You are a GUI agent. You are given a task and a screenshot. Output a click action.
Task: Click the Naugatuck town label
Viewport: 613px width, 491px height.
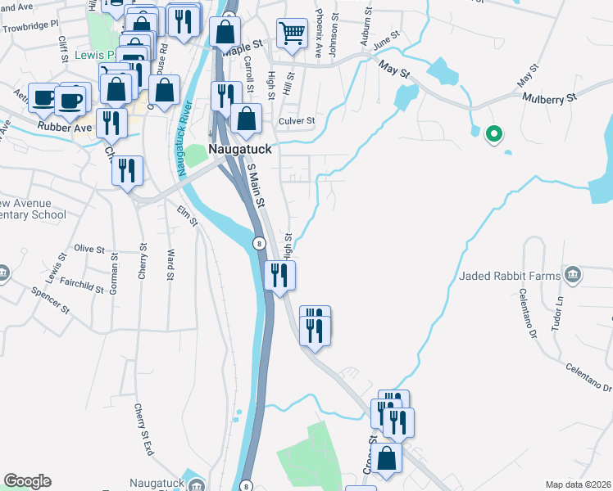coord(239,150)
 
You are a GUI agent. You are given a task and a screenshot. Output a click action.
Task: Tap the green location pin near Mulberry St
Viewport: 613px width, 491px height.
coord(493,133)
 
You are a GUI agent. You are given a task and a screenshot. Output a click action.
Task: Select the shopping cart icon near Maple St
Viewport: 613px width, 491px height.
coord(292,34)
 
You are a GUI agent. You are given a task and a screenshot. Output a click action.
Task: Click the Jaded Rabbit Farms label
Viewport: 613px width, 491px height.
coord(510,275)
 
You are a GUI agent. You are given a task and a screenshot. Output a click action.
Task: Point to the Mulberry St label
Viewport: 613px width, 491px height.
coord(550,97)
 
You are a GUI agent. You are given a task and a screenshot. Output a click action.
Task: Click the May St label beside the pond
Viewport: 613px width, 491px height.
coord(393,71)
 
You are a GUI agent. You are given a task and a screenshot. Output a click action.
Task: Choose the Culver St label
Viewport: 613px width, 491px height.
coord(297,121)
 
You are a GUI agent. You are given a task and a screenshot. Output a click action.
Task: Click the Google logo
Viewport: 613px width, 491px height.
coord(27,481)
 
